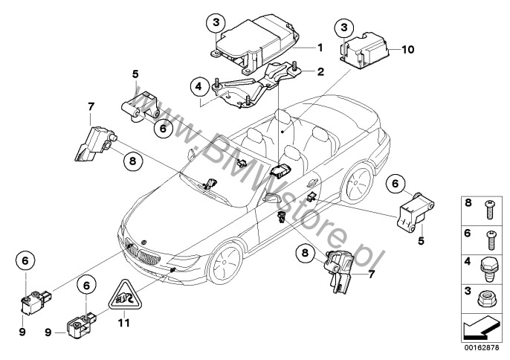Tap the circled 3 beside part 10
[344, 28]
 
